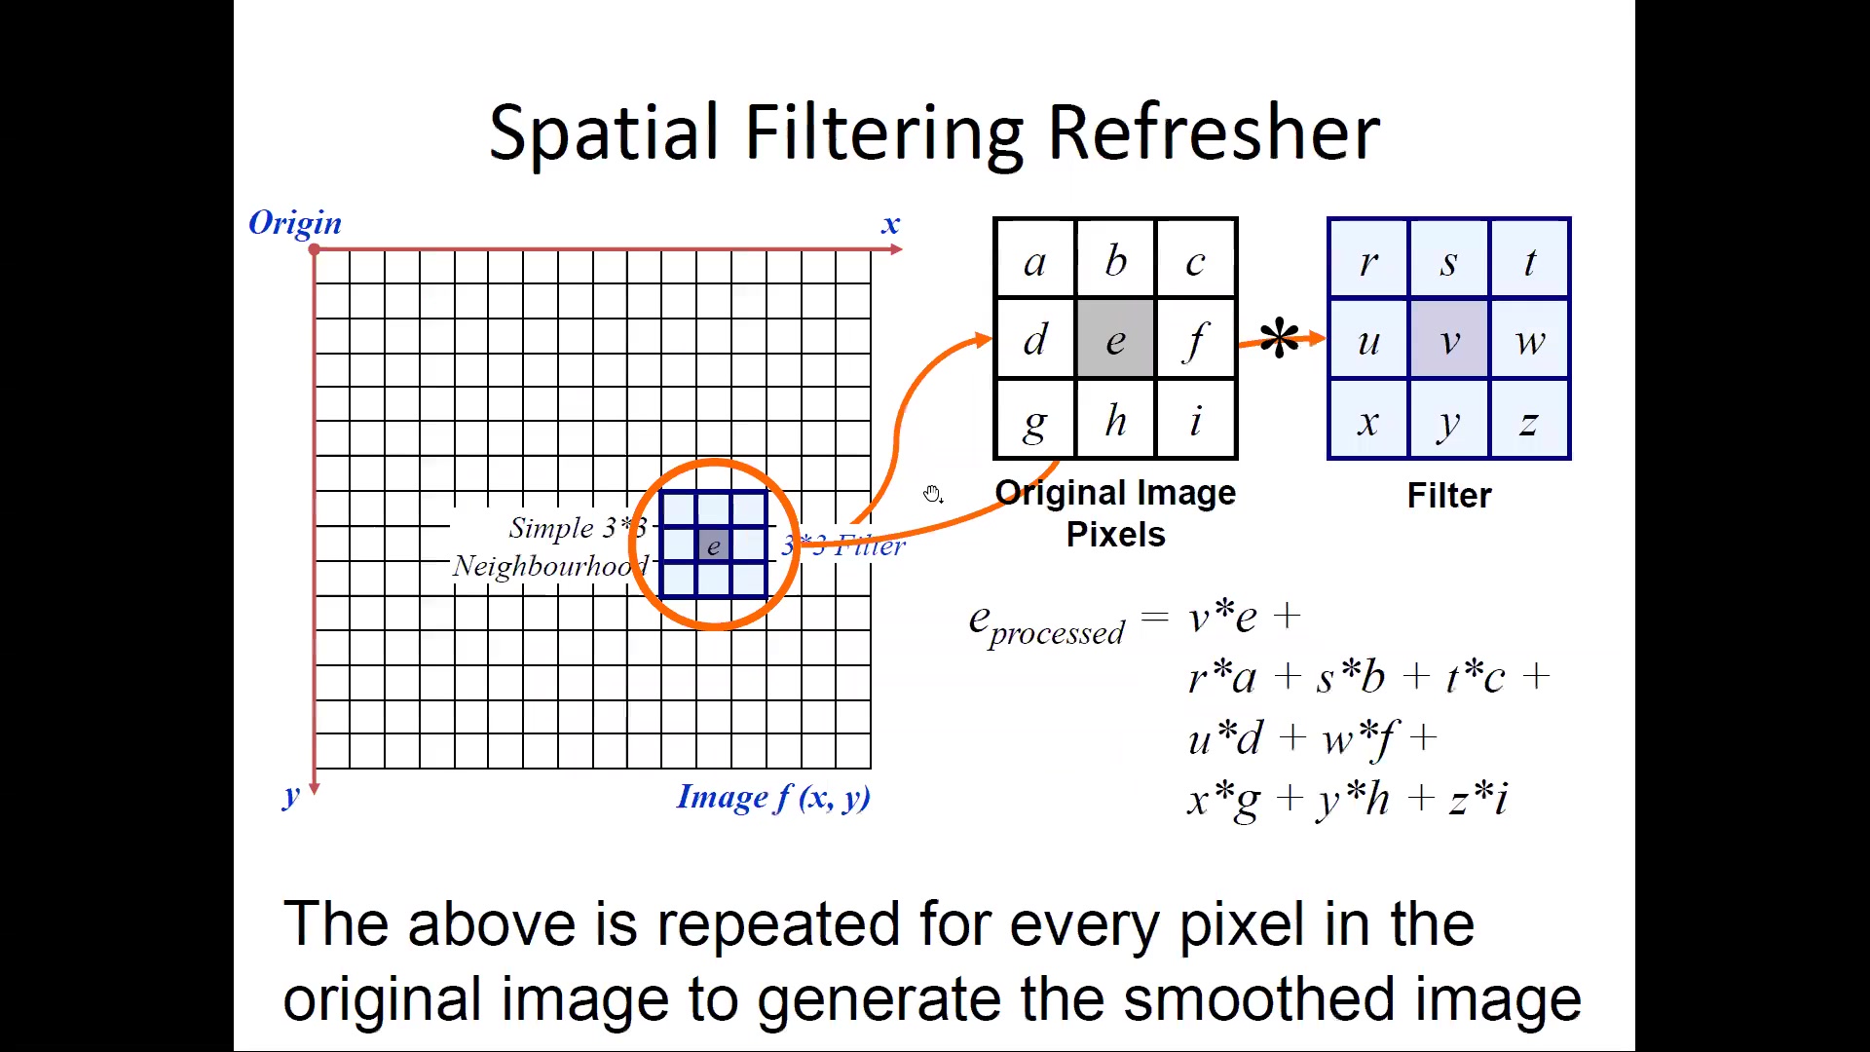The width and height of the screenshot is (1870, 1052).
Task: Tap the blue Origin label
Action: tap(295, 223)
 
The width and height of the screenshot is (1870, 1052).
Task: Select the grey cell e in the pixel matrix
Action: tap(1115, 339)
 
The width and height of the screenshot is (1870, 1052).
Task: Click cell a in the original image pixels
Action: tap(1034, 260)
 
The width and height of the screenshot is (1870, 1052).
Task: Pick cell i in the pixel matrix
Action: tap(1196, 420)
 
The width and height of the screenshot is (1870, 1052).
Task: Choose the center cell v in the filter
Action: tap(1449, 339)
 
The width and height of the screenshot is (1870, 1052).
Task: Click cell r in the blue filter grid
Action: tap(1368, 260)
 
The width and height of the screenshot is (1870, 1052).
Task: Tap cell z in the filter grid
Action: tap(1529, 419)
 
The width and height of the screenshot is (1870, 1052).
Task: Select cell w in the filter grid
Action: tap(1529, 339)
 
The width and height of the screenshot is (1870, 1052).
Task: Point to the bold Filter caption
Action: tap(1449, 496)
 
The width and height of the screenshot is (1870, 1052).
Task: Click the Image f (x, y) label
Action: tap(773, 798)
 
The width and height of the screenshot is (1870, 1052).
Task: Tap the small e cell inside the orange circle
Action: tap(714, 545)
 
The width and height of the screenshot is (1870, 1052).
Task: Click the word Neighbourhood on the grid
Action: tap(551, 566)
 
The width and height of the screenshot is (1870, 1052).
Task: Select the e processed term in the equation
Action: tap(1046, 624)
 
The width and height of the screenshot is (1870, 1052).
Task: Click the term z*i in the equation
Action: tap(1478, 799)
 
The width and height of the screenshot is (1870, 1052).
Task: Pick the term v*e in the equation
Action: tap(1222, 616)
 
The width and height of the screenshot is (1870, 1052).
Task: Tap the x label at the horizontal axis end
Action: tap(890, 225)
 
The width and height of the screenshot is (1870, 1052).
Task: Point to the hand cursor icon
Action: tap(933, 495)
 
